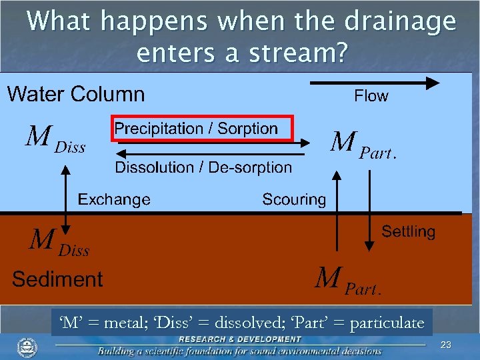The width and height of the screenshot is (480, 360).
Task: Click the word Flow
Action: [x=371, y=97]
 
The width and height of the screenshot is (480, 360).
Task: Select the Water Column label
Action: [x=75, y=94]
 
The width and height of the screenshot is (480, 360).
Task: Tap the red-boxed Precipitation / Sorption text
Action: [x=196, y=129]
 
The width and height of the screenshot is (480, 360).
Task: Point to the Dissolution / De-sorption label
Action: [x=203, y=167]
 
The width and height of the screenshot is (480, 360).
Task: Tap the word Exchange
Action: [x=114, y=199]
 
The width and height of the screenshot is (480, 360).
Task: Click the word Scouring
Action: [x=294, y=199]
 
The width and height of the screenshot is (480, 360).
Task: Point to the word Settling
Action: [x=408, y=232]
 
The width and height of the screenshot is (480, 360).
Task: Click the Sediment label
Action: [x=57, y=279]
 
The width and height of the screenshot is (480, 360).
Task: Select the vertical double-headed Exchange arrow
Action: [x=65, y=198]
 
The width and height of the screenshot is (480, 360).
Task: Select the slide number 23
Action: [x=446, y=345]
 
